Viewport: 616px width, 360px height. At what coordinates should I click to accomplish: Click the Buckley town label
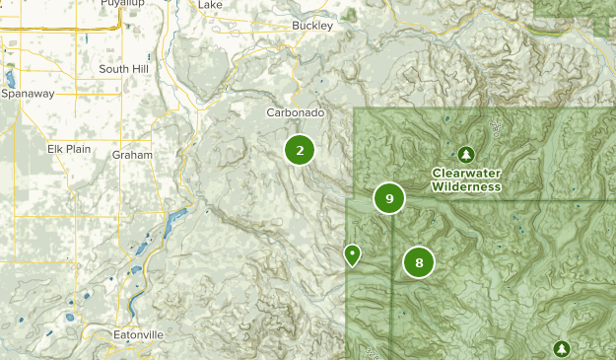pos(314,26)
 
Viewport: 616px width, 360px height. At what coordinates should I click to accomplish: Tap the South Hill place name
pos(123,69)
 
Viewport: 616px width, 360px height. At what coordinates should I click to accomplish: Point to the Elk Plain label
pos(69,149)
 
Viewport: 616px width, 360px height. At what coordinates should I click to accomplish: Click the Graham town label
pos(132,155)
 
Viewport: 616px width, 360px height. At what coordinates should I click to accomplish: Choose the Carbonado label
pos(295,113)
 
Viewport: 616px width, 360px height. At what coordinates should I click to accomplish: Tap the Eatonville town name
pos(138,335)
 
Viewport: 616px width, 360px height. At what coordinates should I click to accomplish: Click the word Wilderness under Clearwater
pos(466,186)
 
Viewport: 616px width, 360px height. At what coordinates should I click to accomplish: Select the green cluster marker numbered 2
pos(300,150)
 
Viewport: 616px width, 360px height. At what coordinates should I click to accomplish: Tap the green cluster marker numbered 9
pos(389,198)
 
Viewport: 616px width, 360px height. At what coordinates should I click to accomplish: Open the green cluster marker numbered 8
pos(419,262)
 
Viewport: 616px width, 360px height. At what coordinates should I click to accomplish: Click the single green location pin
pos(352,254)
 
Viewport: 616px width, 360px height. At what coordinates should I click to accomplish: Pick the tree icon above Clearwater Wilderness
pos(466,154)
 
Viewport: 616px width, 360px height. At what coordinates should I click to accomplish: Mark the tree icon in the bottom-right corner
pos(561,348)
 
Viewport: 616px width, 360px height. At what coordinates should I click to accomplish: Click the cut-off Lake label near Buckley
pos(210,4)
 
